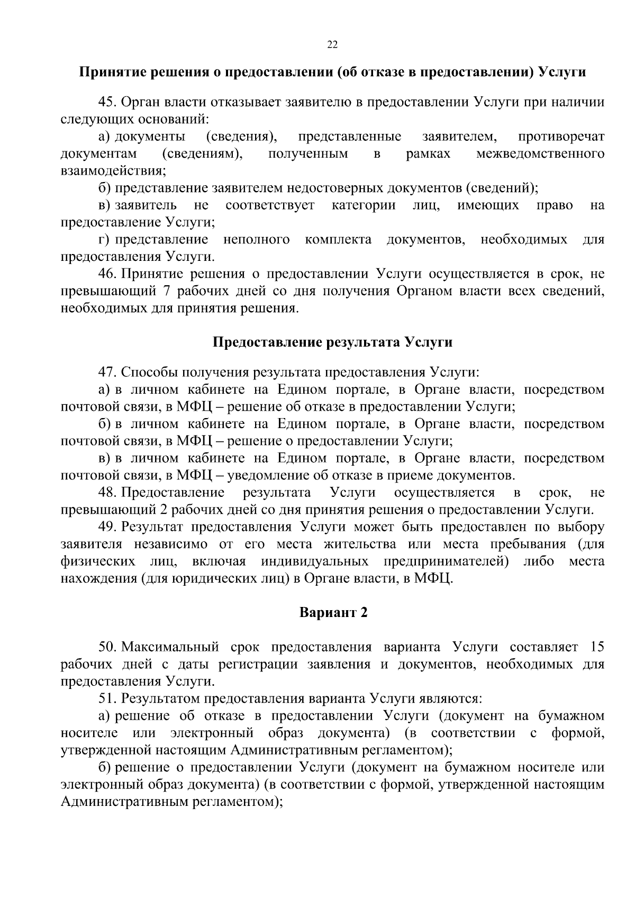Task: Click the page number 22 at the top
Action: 332,44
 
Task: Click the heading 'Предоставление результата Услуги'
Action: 332,342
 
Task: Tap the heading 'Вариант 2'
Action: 333,613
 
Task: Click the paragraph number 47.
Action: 107,372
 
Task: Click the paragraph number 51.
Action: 107,699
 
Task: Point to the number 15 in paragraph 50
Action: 596,647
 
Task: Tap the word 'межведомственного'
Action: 540,154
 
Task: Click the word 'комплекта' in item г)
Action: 338,240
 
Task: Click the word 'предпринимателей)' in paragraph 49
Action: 446,561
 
